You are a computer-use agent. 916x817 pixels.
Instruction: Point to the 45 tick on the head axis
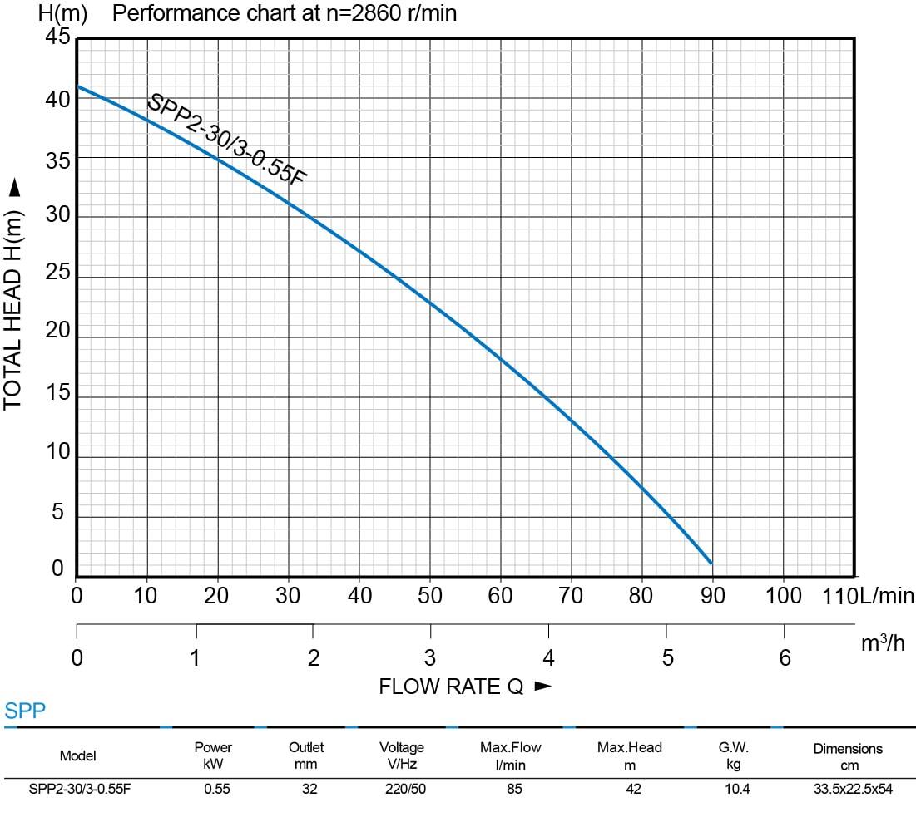coord(57,37)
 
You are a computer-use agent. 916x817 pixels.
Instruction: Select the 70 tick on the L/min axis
coord(571,596)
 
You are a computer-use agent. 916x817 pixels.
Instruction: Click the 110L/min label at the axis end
coord(867,596)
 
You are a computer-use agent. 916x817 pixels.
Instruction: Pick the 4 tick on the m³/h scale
coord(547,659)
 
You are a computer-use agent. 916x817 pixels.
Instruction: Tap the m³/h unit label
coord(883,643)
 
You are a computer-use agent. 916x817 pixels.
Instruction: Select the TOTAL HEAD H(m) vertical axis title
coord(12,296)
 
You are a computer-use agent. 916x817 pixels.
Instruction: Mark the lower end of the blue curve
coord(711,563)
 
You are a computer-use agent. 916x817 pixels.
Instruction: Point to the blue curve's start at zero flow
coord(77,86)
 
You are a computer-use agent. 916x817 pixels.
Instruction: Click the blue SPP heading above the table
coord(25,711)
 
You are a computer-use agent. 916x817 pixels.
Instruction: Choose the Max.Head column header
coord(630,755)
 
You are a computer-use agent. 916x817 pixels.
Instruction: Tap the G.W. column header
coord(733,755)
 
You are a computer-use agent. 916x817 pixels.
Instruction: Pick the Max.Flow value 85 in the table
coord(514,789)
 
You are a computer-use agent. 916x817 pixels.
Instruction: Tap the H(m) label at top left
coord(62,14)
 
